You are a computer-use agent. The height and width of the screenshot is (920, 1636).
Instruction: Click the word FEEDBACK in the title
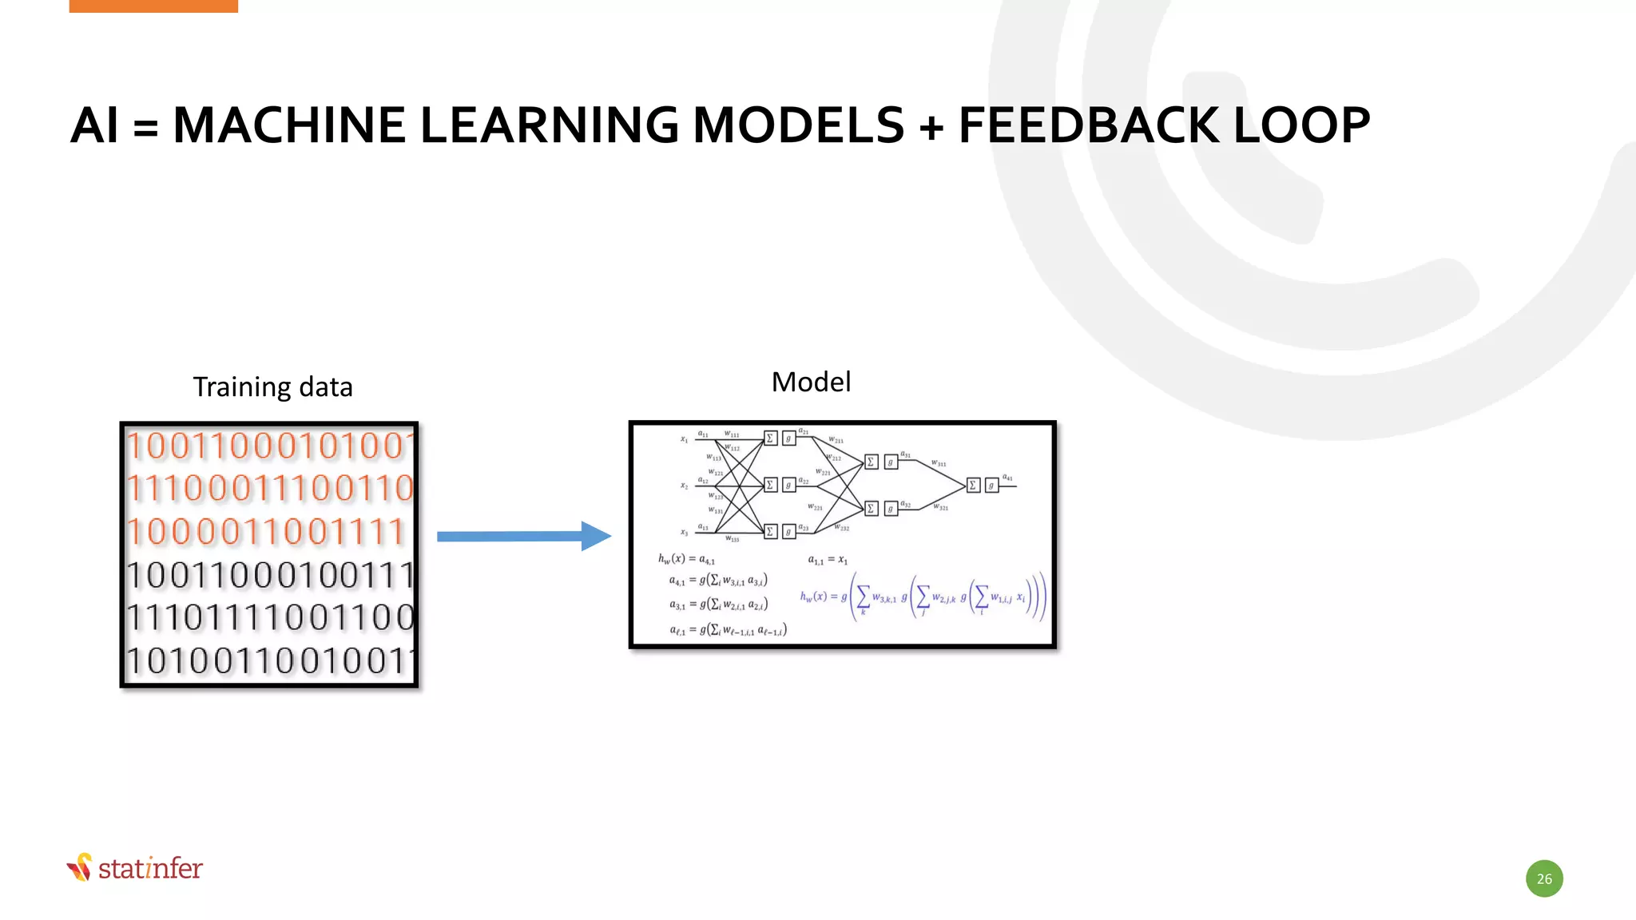point(1088,125)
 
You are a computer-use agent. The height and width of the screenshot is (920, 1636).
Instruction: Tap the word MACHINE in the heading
point(289,125)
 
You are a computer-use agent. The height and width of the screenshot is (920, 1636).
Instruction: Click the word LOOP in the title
point(1302,125)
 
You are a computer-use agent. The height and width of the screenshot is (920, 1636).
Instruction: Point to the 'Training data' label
point(272,387)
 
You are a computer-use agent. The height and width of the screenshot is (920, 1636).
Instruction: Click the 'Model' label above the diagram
point(811,382)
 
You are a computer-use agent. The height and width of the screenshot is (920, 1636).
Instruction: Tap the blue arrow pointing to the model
point(523,536)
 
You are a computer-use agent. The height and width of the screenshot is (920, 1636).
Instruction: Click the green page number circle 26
point(1544,878)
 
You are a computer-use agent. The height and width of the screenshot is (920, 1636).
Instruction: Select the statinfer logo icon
point(80,867)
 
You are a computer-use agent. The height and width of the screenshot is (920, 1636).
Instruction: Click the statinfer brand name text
point(150,868)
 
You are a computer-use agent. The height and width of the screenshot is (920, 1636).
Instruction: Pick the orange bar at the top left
point(153,6)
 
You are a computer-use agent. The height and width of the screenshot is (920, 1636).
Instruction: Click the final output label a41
point(1007,478)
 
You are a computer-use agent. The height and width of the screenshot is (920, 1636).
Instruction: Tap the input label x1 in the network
point(684,439)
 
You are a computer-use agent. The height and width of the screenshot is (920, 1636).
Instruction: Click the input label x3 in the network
point(684,533)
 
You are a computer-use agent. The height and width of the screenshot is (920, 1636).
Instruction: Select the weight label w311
point(939,463)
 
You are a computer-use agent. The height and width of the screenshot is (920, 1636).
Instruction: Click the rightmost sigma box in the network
point(972,486)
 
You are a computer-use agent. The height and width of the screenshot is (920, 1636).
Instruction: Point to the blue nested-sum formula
point(923,597)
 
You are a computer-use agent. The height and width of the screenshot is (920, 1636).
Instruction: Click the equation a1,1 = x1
point(828,560)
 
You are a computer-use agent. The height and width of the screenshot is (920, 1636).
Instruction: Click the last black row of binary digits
point(270,660)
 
